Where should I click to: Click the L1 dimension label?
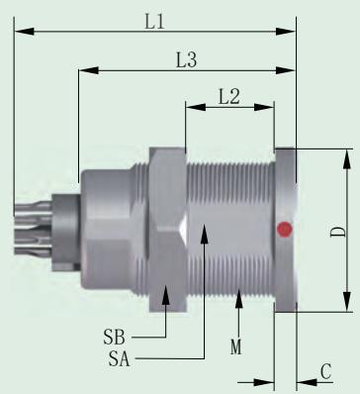(x=154, y=23)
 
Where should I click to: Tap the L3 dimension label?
(x=186, y=60)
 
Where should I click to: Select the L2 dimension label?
(x=229, y=97)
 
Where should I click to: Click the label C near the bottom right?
(x=325, y=371)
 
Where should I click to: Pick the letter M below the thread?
(x=236, y=347)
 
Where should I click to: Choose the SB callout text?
(x=115, y=338)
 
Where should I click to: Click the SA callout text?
(x=119, y=359)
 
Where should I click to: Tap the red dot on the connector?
(x=284, y=229)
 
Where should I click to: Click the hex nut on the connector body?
(x=167, y=230)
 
